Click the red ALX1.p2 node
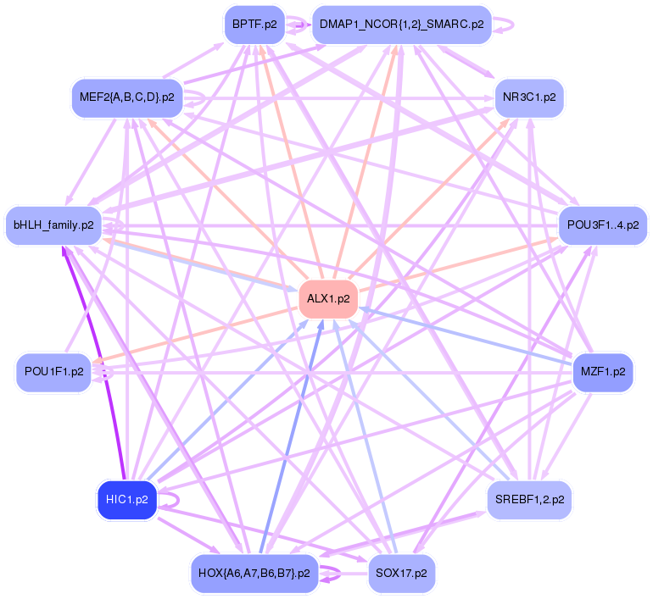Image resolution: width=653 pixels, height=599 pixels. pyautogui.click(x=328, y=300)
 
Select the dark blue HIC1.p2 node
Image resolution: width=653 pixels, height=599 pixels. pyautogui.click(x=127, y=499)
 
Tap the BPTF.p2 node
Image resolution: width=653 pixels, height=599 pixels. pyautogui.click(x=254, y=25)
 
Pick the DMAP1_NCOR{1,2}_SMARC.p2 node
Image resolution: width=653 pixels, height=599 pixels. pyautogui.click(x=401, y=25)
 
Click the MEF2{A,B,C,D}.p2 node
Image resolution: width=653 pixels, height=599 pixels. pyautogui.click(x=126, y=97)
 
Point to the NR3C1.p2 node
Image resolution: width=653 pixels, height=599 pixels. pyautogui.click(x=529, y=97)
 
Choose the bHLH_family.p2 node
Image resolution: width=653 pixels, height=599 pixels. pyautogui.click(x=53, y=225)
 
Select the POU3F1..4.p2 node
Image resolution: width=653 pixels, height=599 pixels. pyautogui.click(x=603, y=225)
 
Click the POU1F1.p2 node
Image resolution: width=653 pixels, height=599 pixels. pyautogui.click(x=53, y=372)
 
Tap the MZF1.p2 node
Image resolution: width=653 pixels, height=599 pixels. pyautogui.click(x=603, y=372)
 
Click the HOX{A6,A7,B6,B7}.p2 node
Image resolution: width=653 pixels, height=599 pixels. pyautogui.click(x=254, y=573)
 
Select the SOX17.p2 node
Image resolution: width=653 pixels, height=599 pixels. pyautogui.click(x=402, y=573)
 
